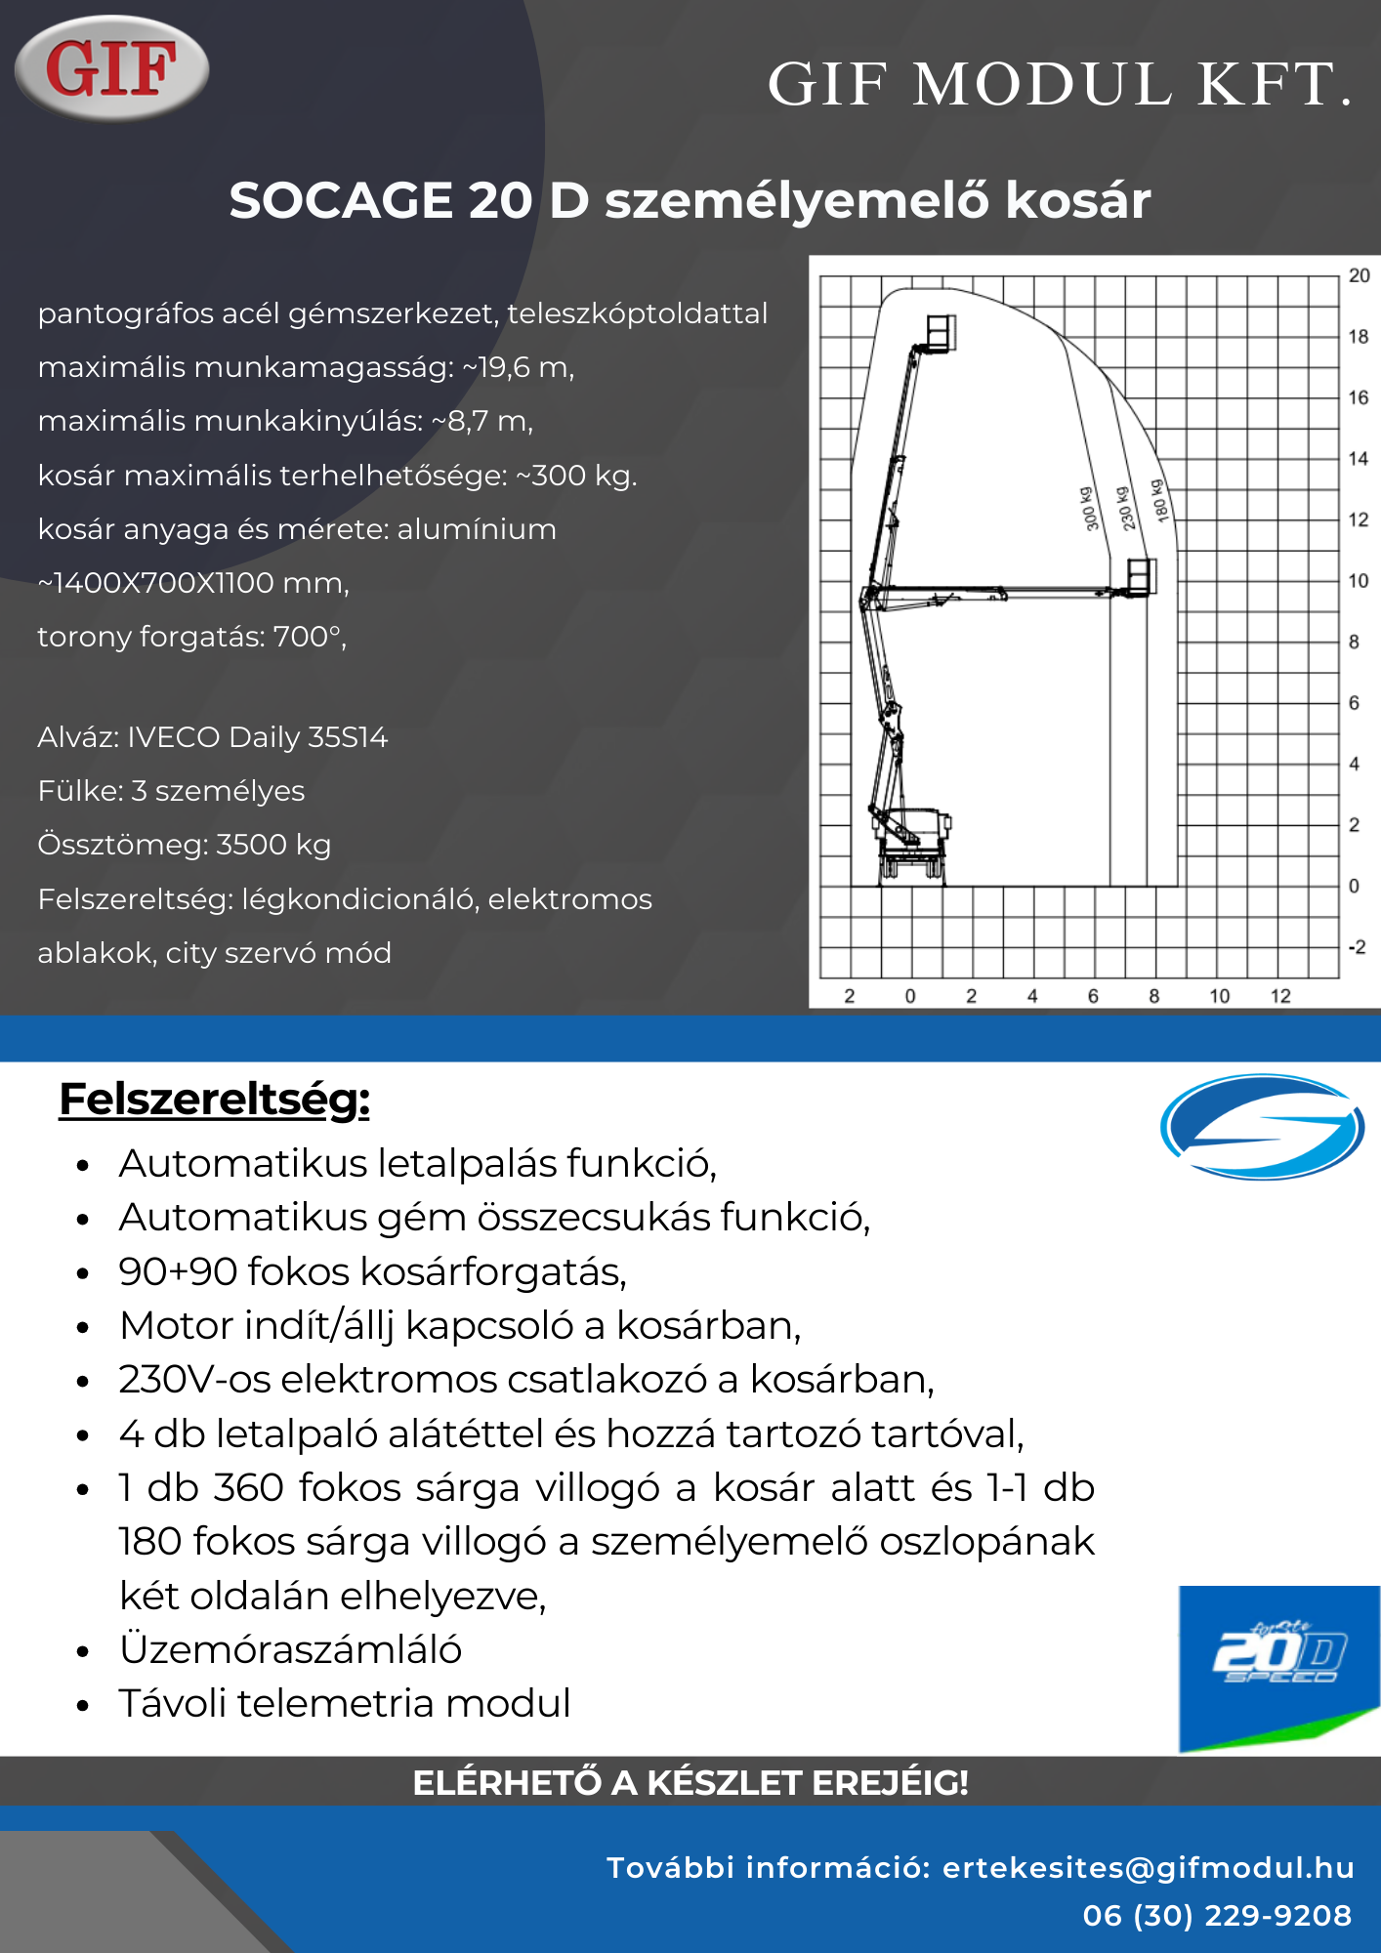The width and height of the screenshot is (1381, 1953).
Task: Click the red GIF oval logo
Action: (x=111, y=67)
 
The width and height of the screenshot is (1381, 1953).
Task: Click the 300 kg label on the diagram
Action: (x=1090, y=508)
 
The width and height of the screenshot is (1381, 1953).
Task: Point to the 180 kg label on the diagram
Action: (x=1159, y=500)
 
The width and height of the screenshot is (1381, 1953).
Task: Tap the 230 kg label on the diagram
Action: (x=1125, y=508)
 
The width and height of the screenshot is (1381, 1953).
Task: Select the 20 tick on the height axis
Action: (x=1359, y=275)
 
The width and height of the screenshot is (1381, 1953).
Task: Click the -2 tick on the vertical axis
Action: (x=1357, y=947)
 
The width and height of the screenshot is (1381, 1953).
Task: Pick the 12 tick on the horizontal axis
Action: (x=1280, y=996)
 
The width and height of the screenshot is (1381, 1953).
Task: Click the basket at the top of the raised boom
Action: (x=941, y=332)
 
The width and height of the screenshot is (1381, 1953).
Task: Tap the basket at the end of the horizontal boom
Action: (x=1141, y=576)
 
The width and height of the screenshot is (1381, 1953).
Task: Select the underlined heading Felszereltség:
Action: (x=214, y=1099)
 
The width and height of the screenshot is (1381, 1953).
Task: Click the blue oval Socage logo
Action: (x=1262, y=1126)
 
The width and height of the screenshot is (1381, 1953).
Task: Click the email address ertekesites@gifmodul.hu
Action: (x=1148, y=1867)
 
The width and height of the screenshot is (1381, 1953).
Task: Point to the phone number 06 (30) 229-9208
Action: (x=1217, y=1916)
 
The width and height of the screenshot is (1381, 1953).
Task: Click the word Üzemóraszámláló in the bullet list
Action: (x=290, y=1649)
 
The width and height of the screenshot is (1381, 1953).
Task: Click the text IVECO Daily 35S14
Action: (x=258, y=737)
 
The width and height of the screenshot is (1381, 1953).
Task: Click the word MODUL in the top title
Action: (x=1041, y=84)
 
